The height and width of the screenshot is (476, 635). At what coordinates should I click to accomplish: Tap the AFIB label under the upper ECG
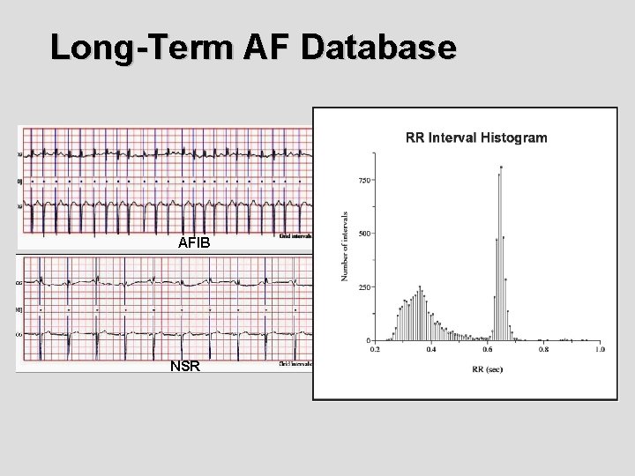pos(194,242)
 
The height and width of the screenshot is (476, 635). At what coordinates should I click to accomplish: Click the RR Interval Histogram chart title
pos(475,138)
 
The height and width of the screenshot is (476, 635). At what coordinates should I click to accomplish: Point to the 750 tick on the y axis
pos(363,181)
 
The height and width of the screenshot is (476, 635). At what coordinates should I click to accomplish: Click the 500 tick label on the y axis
pos(363,234)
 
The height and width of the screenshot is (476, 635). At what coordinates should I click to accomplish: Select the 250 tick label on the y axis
pos(363,287)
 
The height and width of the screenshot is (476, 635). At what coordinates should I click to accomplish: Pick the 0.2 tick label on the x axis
pos(375,350)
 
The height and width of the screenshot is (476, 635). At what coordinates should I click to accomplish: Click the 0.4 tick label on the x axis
pos(431,350)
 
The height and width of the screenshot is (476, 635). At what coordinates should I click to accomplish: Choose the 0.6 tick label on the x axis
pos(487,350)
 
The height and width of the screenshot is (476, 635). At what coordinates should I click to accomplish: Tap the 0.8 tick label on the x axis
pos(543,350)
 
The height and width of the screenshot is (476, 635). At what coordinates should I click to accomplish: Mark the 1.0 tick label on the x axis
pos(599,350)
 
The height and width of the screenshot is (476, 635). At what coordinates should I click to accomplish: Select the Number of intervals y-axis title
pos(345,247)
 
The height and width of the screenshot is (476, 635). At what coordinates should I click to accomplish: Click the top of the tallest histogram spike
pos(501,167)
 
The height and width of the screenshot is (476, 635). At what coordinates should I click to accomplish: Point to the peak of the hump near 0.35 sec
pos(420,286)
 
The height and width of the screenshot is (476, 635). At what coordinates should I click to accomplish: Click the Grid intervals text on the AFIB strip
pos(295,236)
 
